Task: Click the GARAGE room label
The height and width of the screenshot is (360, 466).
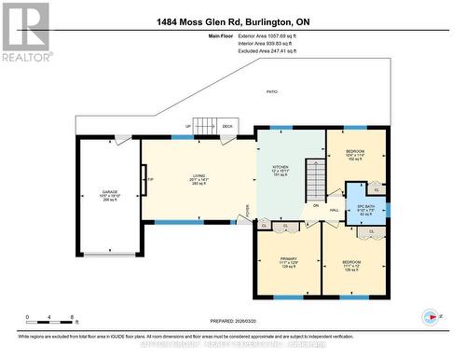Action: pos(109,195)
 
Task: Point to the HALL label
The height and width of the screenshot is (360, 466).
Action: pos(335,211)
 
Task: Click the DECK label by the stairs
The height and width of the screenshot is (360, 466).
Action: pos(226,127)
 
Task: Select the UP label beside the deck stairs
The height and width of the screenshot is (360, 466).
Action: pos(187,127)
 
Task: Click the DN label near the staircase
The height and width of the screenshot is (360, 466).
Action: pos(316,205)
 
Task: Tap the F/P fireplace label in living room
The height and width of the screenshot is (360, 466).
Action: pos(149,179)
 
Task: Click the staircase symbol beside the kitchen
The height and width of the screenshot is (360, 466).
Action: pos(316,177)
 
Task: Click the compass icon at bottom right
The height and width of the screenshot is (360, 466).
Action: pos(430,318)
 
